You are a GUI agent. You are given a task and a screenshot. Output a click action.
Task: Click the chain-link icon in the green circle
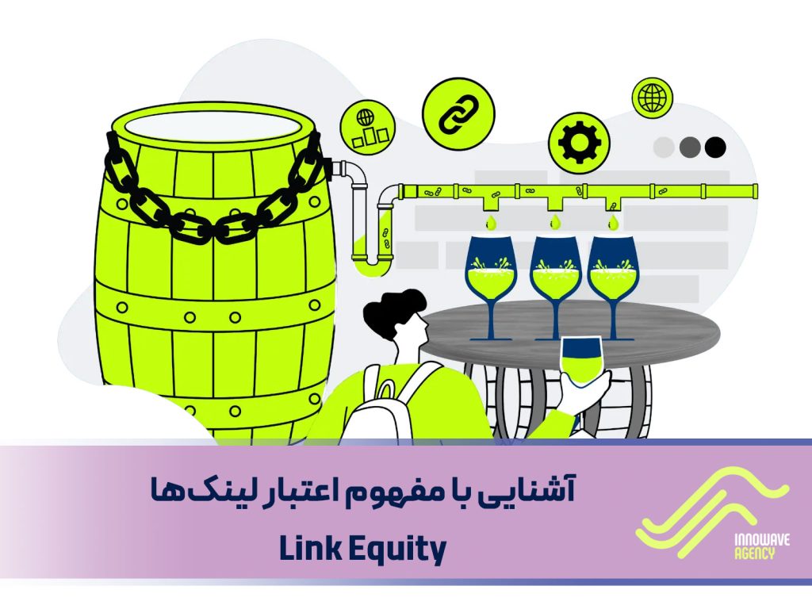click(x=458, y=114)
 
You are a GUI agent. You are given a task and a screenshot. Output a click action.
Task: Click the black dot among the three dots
click(x=715, y=147)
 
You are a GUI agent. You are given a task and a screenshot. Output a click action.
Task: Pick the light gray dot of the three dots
click(x=664, y=147)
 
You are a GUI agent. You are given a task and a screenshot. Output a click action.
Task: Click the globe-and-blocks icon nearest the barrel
click(x=369, y=127)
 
